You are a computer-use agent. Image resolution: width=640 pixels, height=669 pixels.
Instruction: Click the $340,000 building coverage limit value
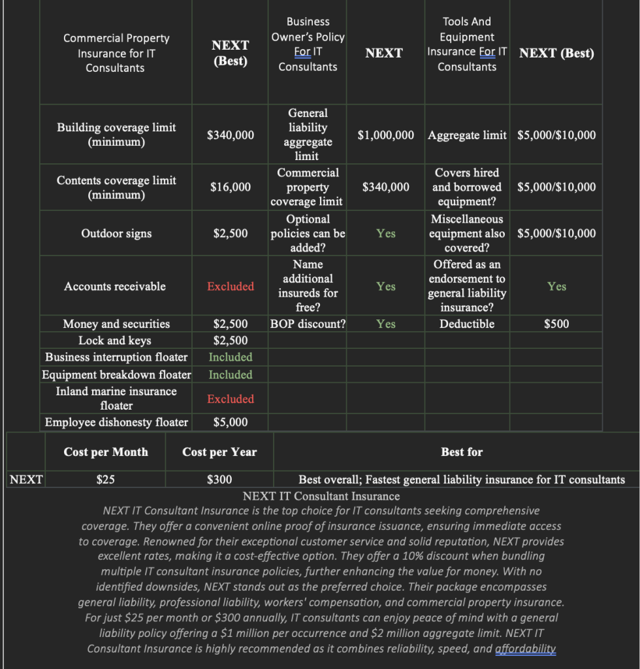[230, 135]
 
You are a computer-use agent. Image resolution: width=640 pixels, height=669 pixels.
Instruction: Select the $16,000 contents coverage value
[230, 187]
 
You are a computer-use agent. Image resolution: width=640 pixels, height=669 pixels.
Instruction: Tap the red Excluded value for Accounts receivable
[230, 286]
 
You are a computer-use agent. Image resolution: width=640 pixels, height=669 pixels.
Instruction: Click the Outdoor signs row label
[116, 233]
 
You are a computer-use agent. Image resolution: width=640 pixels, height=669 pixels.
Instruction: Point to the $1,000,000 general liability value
[385, 135]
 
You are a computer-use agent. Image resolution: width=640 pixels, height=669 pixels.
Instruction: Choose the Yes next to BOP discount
[385, 324]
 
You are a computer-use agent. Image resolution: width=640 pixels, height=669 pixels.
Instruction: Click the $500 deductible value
[556, 324]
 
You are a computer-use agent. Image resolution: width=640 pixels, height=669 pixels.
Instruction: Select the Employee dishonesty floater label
[116, 422]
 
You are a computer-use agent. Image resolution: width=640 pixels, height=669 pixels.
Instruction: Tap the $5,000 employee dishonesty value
[230, 422]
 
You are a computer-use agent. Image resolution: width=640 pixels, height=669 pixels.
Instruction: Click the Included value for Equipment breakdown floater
[230, 374]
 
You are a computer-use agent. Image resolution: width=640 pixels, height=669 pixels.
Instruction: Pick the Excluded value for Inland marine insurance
[230, 399]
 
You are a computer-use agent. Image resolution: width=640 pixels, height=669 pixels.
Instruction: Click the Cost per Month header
[106, 452]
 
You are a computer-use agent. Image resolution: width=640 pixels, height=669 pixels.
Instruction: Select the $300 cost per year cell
[219, 480]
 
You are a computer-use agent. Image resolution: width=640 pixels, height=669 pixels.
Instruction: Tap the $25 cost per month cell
[106, 480]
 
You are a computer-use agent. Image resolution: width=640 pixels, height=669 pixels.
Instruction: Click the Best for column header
[462, 452]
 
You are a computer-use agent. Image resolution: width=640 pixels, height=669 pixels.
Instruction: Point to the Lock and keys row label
[115, 340]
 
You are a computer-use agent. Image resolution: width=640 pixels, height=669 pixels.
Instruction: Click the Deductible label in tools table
[467, 324]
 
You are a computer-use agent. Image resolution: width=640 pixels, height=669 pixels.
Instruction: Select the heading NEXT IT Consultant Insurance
[321, 497]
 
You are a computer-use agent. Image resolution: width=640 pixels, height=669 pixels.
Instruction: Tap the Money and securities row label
[116, 324]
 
